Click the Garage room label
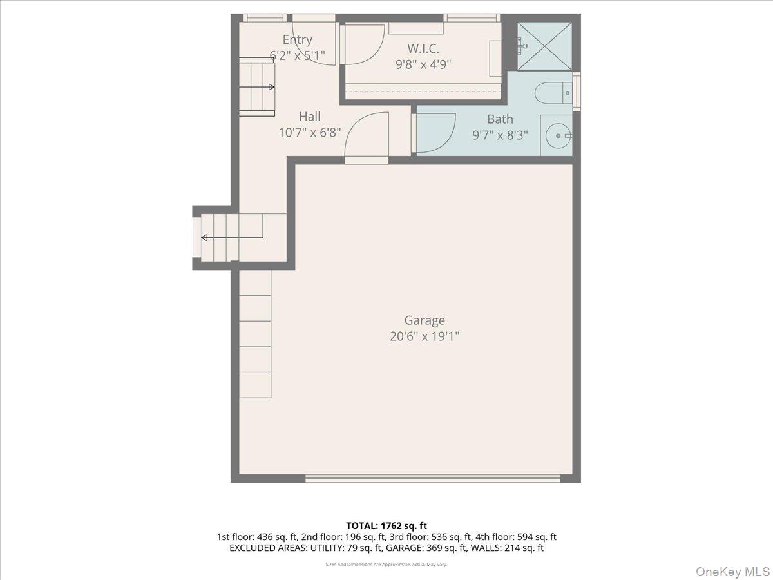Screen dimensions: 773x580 pos(425,321)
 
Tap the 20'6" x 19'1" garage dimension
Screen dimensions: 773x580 pos(425,336)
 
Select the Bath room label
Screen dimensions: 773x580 pos(500,119)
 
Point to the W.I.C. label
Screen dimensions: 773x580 pos(423,48)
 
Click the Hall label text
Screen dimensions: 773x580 pos(310,116)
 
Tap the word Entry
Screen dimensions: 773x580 pos(297,40)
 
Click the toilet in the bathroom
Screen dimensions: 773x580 pos(553,93)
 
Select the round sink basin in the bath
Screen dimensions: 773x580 pos(558,135)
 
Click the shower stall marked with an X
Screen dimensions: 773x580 pos(544,46)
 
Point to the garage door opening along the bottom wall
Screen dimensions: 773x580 pos(432,478)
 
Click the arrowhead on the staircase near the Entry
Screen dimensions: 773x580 pos(272,87)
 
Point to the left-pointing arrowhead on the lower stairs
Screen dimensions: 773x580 pos(204,238)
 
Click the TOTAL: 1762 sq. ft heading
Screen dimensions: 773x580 pos(386,526)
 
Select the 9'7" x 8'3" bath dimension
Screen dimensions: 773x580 pos(500,135)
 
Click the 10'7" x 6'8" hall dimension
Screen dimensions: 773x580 pos(310,133)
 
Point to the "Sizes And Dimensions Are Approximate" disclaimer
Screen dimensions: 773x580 pos(386,564)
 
